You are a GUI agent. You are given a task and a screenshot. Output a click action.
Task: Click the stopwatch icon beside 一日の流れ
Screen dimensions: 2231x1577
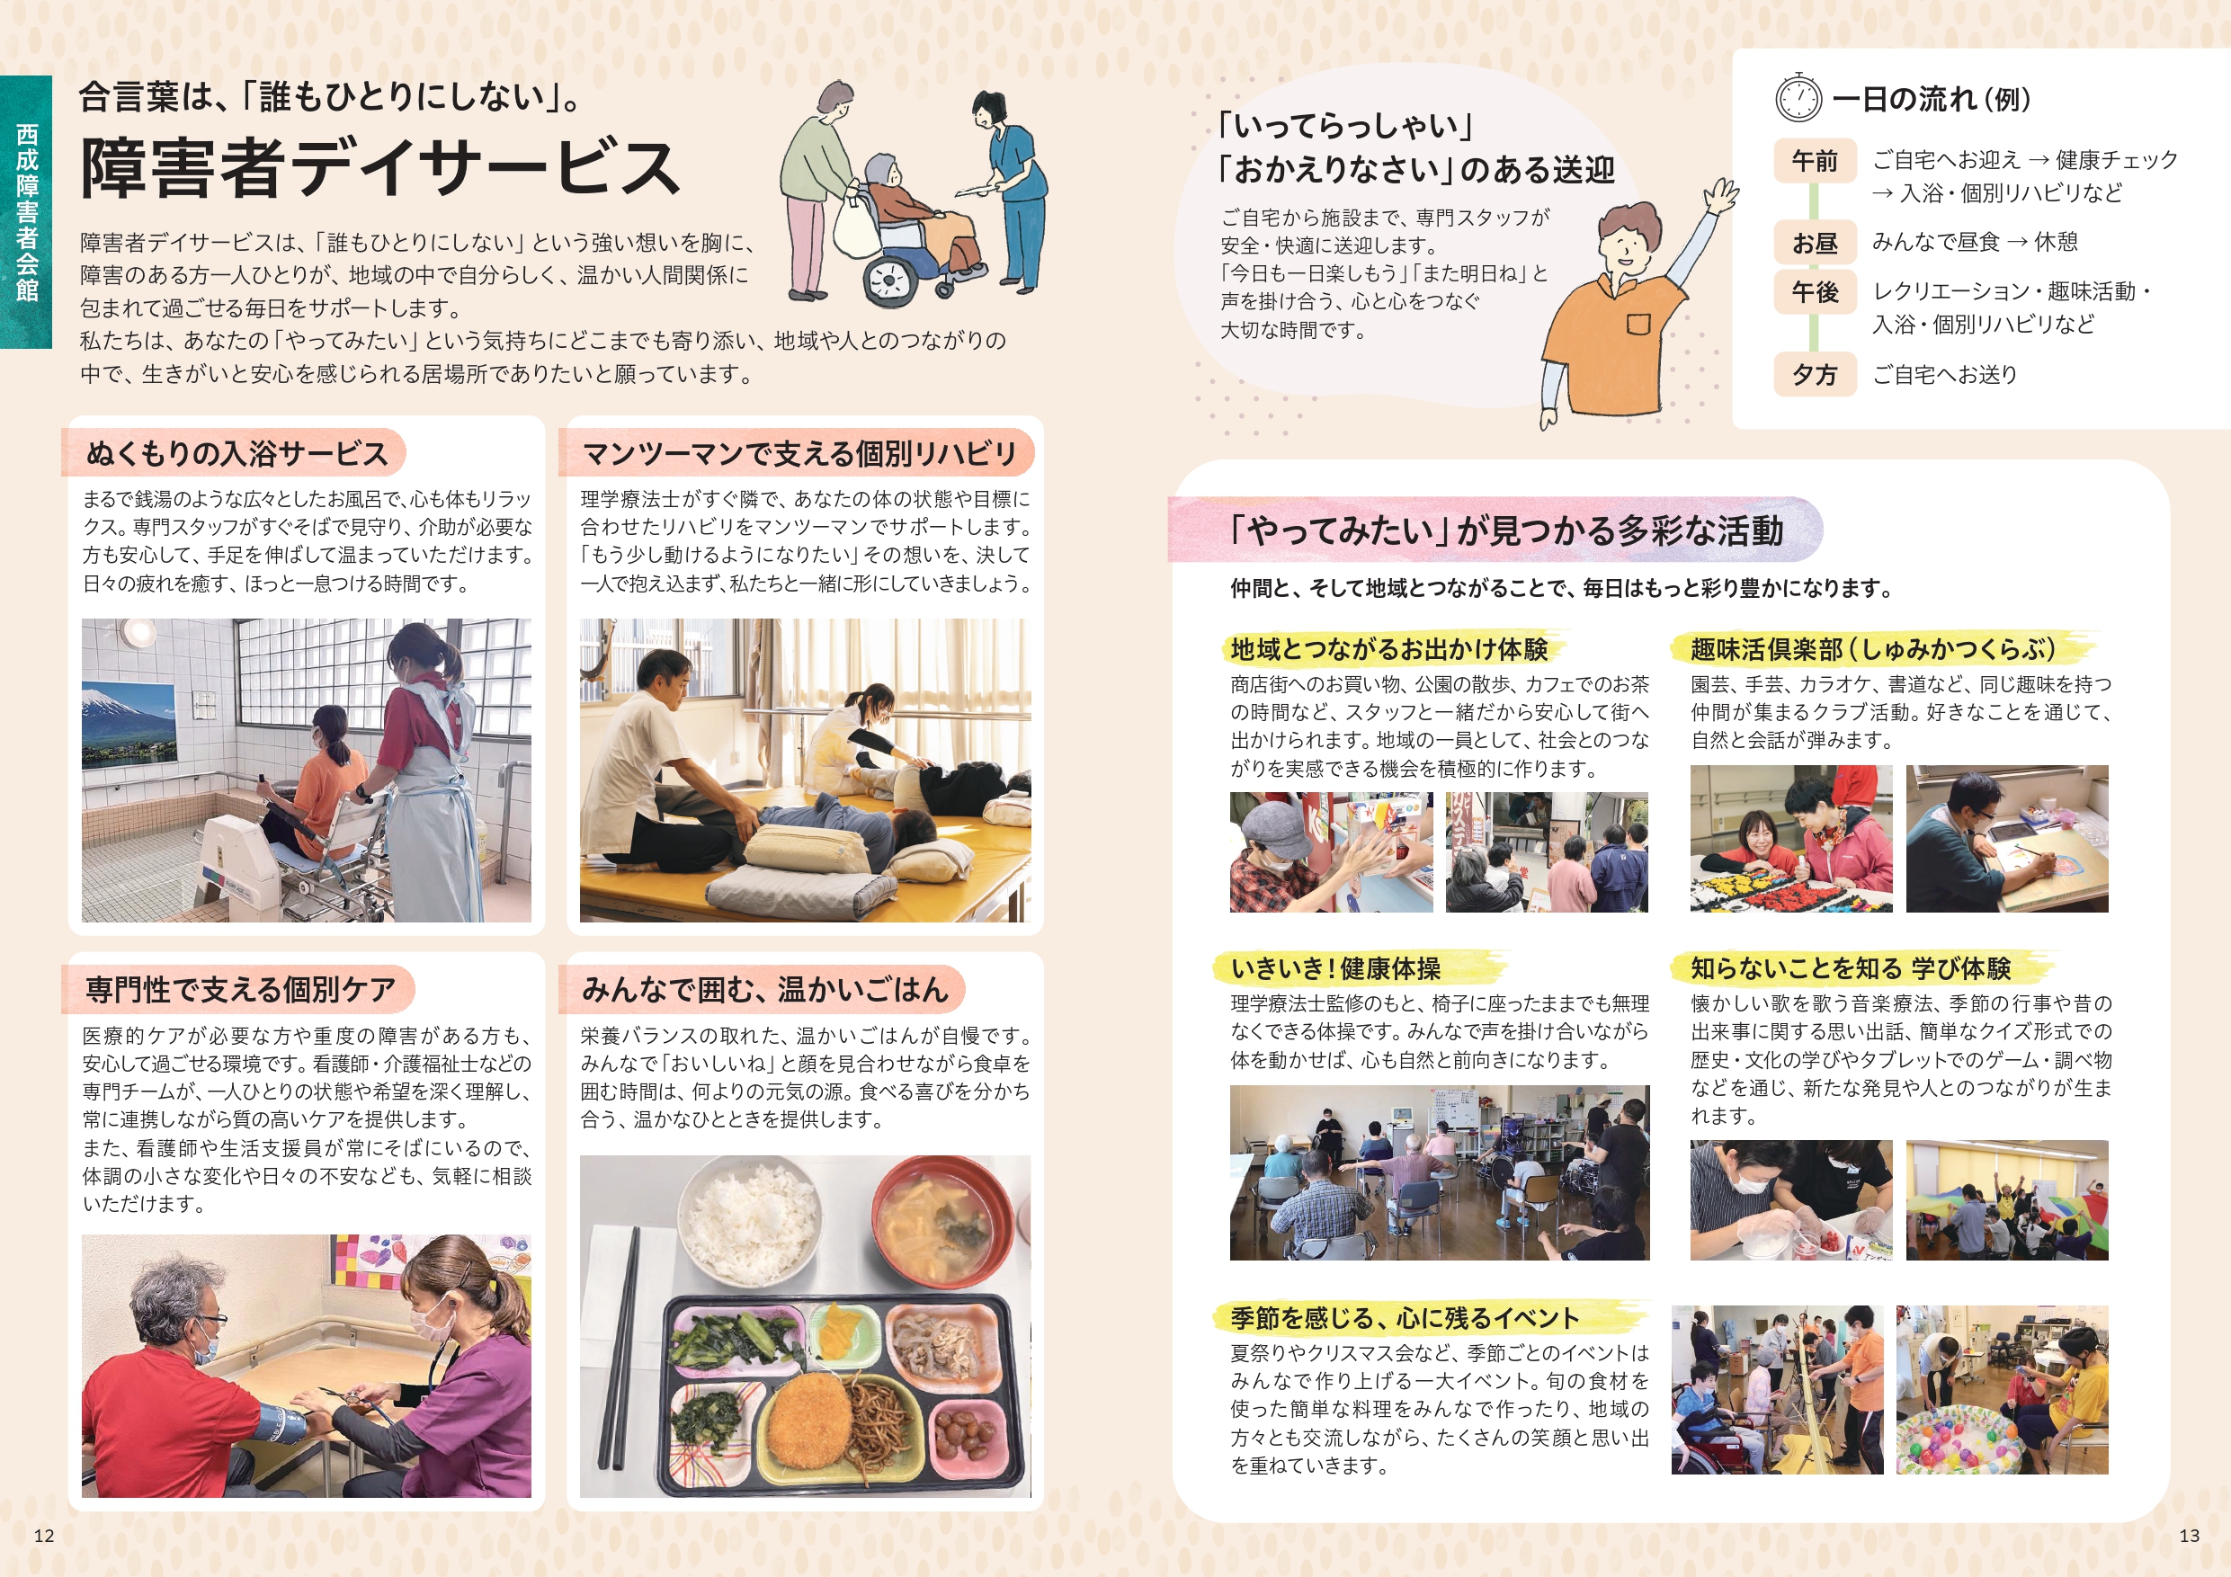pos(1798,97)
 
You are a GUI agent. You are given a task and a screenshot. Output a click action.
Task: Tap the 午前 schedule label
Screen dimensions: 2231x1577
pos(1814,160)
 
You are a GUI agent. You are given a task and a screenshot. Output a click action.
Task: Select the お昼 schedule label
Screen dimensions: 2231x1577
pos(1814,243)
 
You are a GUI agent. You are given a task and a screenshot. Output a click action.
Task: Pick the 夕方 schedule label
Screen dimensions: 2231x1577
pos(1814,375)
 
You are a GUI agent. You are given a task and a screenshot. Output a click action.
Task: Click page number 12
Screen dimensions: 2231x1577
pos(44,1536)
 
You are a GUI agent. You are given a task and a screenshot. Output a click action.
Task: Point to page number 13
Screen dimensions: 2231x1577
pos(2190,1536)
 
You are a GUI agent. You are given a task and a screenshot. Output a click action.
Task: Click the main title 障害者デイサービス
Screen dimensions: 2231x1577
pos(380,167)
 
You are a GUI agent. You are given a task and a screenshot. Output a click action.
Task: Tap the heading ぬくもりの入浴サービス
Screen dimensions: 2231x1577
pos(237,454)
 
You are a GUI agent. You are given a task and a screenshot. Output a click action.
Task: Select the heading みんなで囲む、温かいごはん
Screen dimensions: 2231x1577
pos(764,989)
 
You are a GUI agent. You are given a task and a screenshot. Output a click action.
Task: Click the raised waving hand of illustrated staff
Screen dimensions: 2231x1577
pos(1721,195)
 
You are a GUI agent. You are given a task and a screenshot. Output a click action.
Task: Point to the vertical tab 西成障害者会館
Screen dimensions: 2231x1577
pos(26,212)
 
